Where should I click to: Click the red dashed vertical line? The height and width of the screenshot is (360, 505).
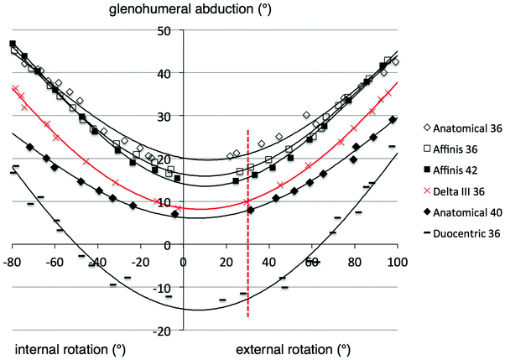tap(248, 252)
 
